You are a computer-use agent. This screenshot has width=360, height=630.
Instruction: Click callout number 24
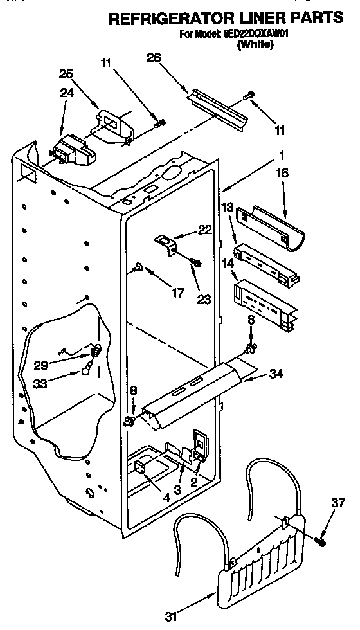coord(67,92)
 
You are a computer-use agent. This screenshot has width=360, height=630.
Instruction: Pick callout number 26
coord(154,58)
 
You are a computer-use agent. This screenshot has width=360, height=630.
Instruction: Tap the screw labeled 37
coord(320,542)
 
